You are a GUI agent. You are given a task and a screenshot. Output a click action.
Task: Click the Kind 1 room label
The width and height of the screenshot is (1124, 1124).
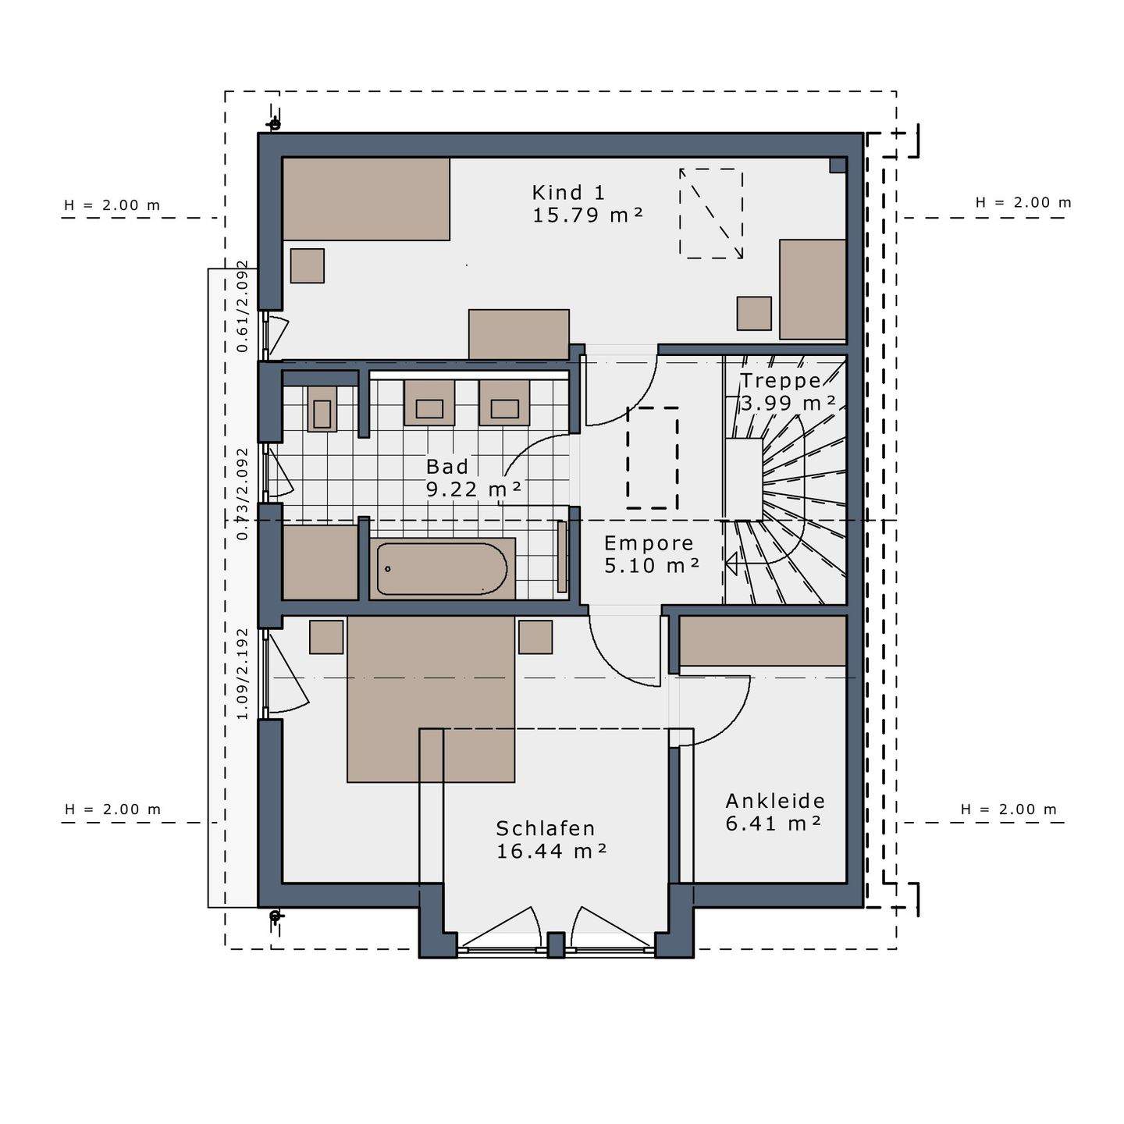pos(568,192)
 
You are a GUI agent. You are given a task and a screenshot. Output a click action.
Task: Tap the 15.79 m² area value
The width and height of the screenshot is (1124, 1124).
pos(587,215)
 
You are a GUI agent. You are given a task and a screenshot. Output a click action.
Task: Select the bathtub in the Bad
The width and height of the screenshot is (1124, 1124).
pos(442,569)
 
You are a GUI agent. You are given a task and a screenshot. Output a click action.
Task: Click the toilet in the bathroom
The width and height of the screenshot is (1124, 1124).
pos(322,408)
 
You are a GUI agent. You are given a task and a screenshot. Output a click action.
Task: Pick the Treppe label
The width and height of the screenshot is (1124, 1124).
pos(781,381)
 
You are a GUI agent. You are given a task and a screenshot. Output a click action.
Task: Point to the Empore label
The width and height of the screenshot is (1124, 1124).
pos(649,543)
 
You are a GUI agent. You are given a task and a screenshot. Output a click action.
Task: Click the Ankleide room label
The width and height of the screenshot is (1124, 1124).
pos(775,801)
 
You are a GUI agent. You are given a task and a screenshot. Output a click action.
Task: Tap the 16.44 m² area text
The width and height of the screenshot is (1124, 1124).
pos(551,851)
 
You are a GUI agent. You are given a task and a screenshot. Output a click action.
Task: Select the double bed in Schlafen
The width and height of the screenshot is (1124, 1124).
pos(431,699)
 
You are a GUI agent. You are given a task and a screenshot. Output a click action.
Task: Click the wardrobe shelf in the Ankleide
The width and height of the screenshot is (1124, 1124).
pos(763,641)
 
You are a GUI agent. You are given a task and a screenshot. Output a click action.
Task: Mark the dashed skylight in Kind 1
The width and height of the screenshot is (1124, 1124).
pos(710,213)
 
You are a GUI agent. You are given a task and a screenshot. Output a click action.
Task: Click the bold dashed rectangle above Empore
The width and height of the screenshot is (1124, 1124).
pos(653,458)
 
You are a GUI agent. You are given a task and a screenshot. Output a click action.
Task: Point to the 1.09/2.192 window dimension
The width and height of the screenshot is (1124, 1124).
pos(243,674)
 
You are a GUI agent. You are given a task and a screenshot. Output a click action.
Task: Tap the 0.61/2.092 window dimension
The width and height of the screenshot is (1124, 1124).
pos(243,306)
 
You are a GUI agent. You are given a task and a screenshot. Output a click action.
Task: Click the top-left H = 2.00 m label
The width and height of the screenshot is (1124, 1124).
pos(112,205)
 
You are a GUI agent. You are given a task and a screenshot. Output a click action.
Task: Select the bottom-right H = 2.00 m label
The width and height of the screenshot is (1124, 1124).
pos(1008,809)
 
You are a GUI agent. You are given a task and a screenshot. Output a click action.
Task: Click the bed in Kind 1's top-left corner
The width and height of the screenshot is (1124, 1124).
pos(365,199)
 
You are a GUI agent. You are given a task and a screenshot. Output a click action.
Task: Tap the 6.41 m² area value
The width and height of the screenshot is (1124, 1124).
pos(773,823)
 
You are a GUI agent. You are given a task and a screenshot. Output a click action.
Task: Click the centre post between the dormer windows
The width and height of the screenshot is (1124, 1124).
pos(556,944)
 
